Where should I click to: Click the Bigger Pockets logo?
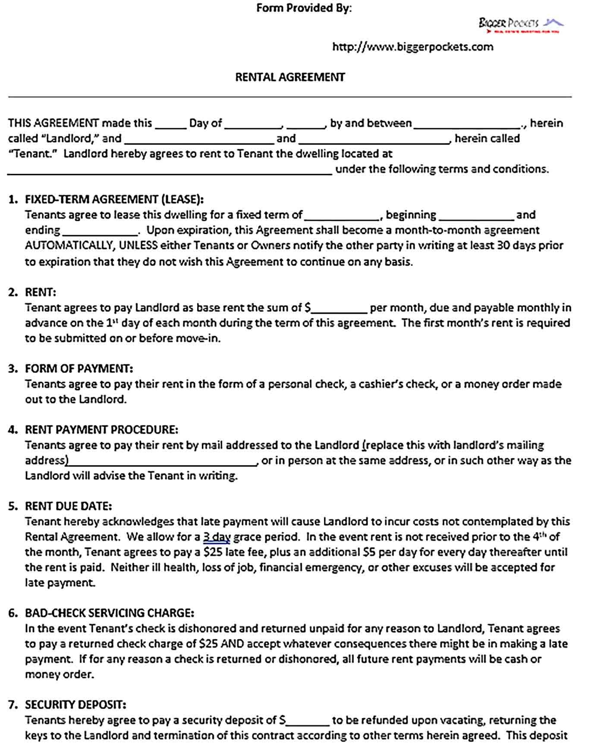click(520, 24)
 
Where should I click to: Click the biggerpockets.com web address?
click(412, 47)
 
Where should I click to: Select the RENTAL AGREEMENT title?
click(290, 77)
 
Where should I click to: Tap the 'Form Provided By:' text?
click(304, 8)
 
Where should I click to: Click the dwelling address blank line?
click(170, 171)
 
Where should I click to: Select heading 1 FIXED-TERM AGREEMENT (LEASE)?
click(114, 199)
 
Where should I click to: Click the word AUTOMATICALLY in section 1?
click(69, 246)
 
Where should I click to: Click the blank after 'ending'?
click(100, 232)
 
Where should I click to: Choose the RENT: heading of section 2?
click(41, 292)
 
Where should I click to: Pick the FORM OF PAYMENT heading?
click(79, 369)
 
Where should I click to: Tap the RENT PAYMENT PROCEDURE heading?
click(101, 430)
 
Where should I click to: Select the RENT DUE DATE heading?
click(68, 506)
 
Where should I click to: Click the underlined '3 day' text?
click(216, 537)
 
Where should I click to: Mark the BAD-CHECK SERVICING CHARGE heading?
click(109, 613)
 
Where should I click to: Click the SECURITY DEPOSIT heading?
click(76, 705)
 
